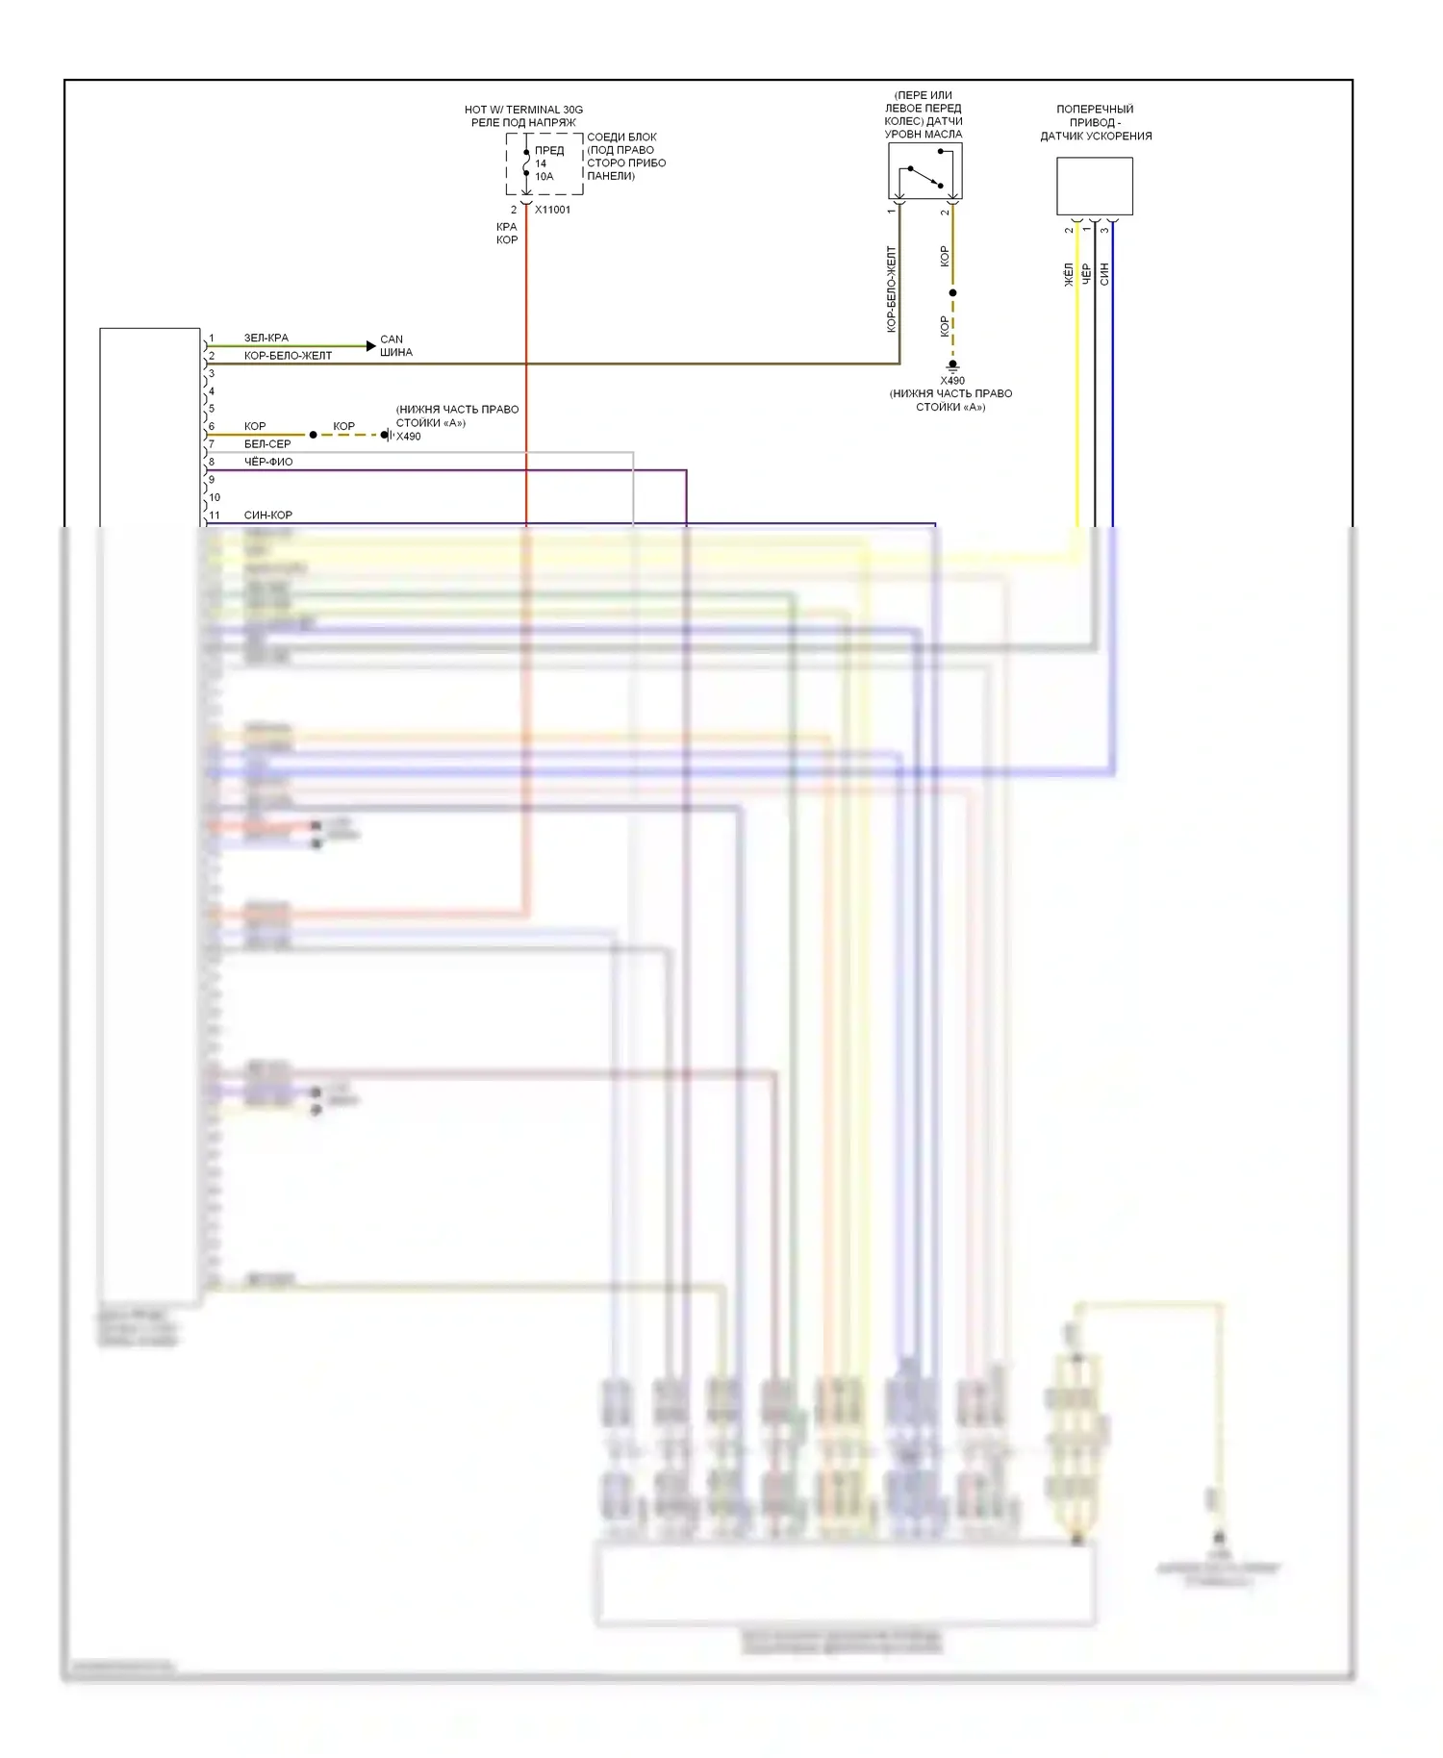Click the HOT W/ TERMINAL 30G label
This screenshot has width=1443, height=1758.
point(523,110)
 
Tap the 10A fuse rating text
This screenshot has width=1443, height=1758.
point(544,177)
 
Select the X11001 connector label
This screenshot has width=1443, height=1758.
point(552,210)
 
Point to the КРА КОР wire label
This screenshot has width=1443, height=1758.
point(507,233)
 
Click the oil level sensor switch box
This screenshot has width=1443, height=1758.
point(924,171)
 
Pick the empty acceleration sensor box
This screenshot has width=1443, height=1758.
point(1094,187)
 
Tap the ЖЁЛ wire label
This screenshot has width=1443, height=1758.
point(1068,274)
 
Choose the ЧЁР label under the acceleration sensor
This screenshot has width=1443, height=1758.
point(1086,274)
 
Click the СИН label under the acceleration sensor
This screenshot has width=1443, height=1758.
point(1104,274)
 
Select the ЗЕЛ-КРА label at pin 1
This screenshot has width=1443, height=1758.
point(266,338)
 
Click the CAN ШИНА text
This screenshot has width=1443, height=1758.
point(395,345)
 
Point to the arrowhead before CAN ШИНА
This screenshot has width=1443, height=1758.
point(371,345)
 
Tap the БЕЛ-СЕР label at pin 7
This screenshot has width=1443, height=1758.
point(266,443)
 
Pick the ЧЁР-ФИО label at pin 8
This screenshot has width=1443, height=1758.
point(267,462)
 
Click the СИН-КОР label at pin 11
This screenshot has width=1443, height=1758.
point(267,515)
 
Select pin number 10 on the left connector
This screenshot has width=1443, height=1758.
point(215,497)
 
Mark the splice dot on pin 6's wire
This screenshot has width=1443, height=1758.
point(313,435)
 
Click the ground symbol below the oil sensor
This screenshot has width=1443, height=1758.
point(952,366)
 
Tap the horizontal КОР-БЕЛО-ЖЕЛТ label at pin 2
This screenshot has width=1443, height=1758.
point(288,356)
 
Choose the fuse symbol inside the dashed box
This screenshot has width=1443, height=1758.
point(526,163)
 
